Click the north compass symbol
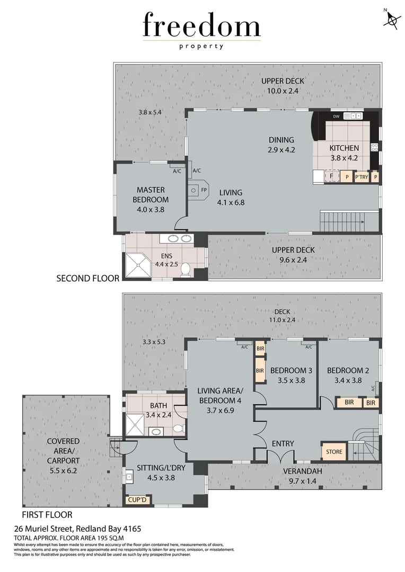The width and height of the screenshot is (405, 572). [x=392, y=20]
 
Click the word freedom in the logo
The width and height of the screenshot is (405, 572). [x=201, y=26]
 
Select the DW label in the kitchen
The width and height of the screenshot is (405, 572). [x=336, y=116]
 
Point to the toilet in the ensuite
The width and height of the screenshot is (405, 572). [x=186, y=270]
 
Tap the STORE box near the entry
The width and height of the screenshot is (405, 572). [x=334, y=452]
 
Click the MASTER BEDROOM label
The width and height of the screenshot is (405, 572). [x=151, y=195]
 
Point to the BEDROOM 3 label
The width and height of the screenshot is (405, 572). [x=291, y=370]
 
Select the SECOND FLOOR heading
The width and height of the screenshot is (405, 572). [x=87, y=278]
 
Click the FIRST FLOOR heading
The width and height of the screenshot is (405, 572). [x=47, y=514]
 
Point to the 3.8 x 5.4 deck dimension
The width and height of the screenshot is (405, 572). [x=149, y=112]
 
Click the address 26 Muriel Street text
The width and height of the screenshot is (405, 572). [x=77, y=529]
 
